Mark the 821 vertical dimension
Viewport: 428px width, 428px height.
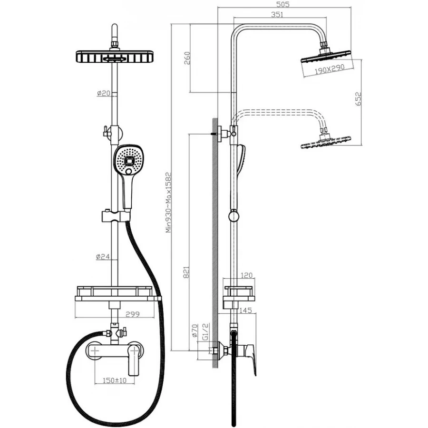click(x=186, y=271)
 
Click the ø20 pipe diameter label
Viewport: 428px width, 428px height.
click(x=103, y=93)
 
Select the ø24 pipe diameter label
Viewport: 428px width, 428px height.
click(x=103, y=257)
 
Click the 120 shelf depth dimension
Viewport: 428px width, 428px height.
click(x=247, y=276)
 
